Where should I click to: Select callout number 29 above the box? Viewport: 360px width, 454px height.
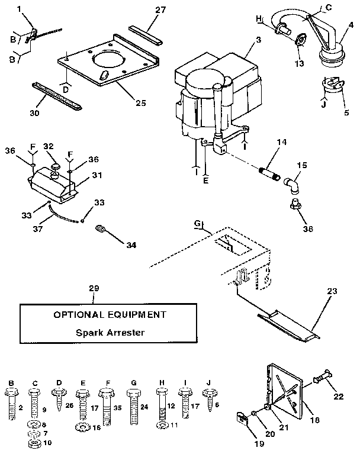click(x=94, y=288)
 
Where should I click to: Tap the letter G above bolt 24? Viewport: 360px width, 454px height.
click(x=132, y=383)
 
